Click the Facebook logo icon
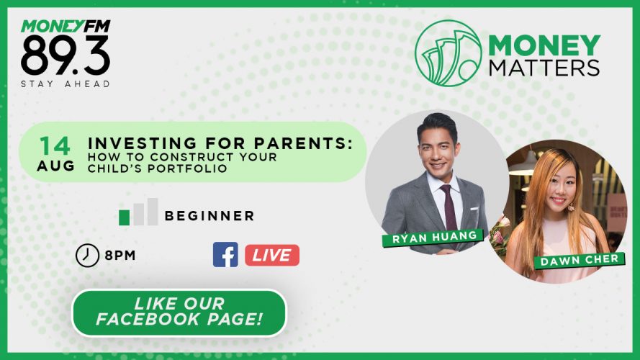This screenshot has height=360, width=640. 225,255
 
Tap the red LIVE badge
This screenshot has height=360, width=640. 272,255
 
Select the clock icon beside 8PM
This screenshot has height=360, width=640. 87,256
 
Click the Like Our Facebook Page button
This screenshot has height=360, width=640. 179,313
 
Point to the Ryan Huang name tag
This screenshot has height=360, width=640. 433,237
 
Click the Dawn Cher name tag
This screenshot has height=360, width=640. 580,261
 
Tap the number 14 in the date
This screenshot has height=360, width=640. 55,145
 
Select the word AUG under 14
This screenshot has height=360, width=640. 56,166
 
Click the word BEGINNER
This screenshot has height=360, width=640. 209,215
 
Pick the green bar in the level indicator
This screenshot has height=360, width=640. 124,217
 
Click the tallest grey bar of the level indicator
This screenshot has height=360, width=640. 153,212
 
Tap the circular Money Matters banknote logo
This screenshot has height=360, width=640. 449,53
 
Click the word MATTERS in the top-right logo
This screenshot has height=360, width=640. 544,68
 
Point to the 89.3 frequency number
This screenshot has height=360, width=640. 66,55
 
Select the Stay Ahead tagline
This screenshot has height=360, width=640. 66,84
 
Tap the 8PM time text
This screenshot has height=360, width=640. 120,256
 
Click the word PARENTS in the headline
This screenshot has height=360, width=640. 303,143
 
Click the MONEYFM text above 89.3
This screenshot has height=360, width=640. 66,26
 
